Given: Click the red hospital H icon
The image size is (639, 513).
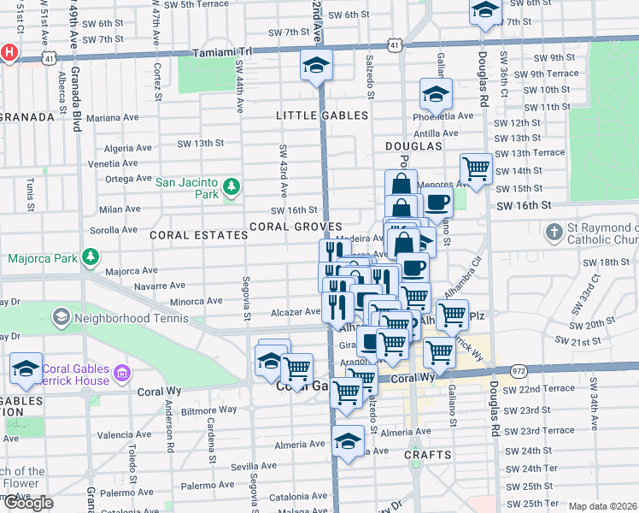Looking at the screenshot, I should coord(9,52).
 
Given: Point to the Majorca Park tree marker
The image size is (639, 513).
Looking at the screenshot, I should coord(88,257).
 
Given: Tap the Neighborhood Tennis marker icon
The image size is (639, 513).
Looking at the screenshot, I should coord(61,318).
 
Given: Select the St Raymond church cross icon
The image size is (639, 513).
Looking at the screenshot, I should coord(554,233).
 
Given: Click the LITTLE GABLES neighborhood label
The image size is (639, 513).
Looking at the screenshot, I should coord(321,115).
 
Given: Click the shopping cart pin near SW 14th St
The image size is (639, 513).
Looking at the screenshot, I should coord(476,168).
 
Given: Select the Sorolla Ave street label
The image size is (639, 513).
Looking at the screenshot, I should coord(113,230).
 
